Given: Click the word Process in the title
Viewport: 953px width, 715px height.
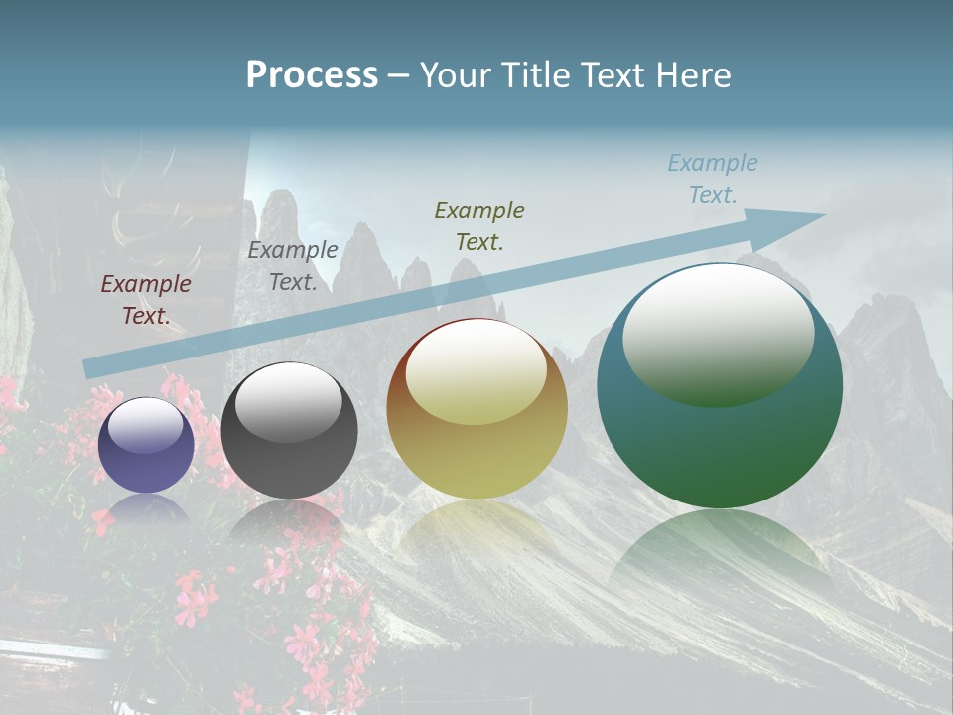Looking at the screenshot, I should pos(312,75).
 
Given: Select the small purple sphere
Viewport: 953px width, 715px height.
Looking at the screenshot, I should pos(146,446).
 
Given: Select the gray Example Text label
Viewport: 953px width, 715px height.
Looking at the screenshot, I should pos(293,266).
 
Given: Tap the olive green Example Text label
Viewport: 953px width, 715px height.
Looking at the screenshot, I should pos(479,225).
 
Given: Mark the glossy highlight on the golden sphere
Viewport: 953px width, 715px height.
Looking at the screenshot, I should pos(476,369).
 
